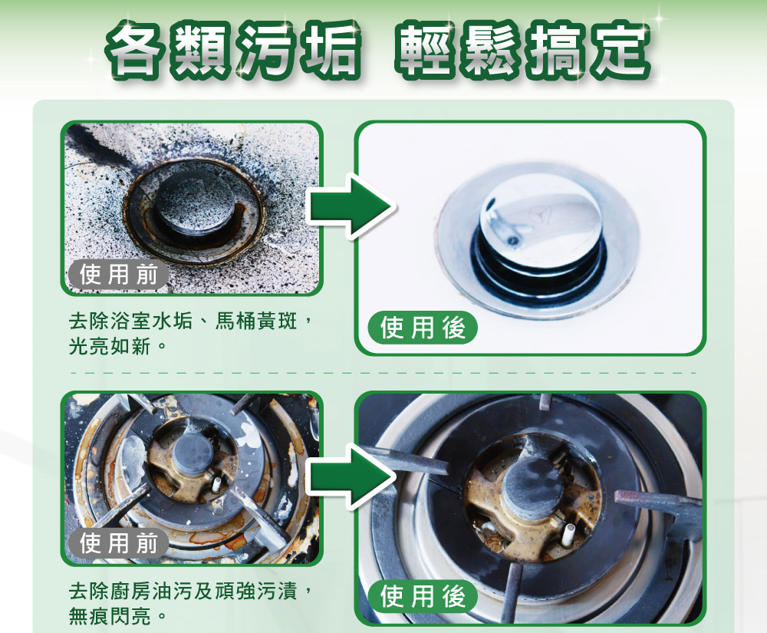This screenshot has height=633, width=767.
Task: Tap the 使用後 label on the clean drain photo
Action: pos(423,328)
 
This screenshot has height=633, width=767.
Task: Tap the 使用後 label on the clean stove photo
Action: pos(423,597)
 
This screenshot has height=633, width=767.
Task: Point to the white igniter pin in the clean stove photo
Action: pos(571,532)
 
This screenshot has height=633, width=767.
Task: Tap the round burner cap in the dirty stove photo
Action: pos(191,456)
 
